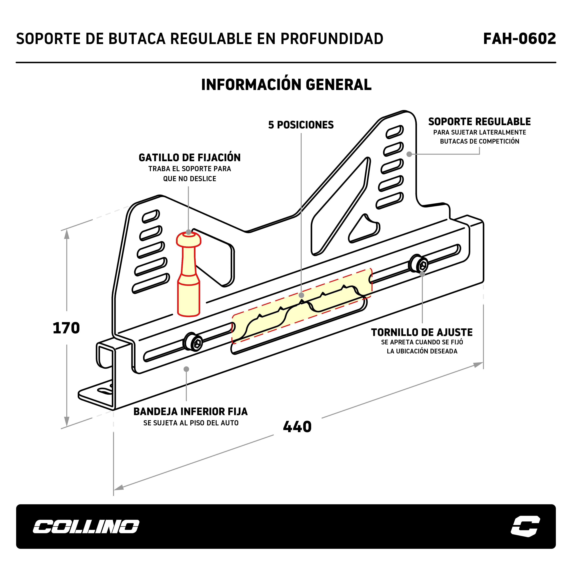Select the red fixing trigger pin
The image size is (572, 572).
[x=188, y=275]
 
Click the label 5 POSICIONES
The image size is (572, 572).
[x=301, y=125]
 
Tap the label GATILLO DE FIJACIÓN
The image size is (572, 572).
[x=190, y=157]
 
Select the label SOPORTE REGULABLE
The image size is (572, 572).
[x=479, y=122]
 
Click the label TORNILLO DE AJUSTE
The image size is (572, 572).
[x=422, y=332]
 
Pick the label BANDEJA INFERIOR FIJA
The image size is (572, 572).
[x=190, y=411]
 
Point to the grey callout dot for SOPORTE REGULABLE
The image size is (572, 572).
[x=409, y=154]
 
